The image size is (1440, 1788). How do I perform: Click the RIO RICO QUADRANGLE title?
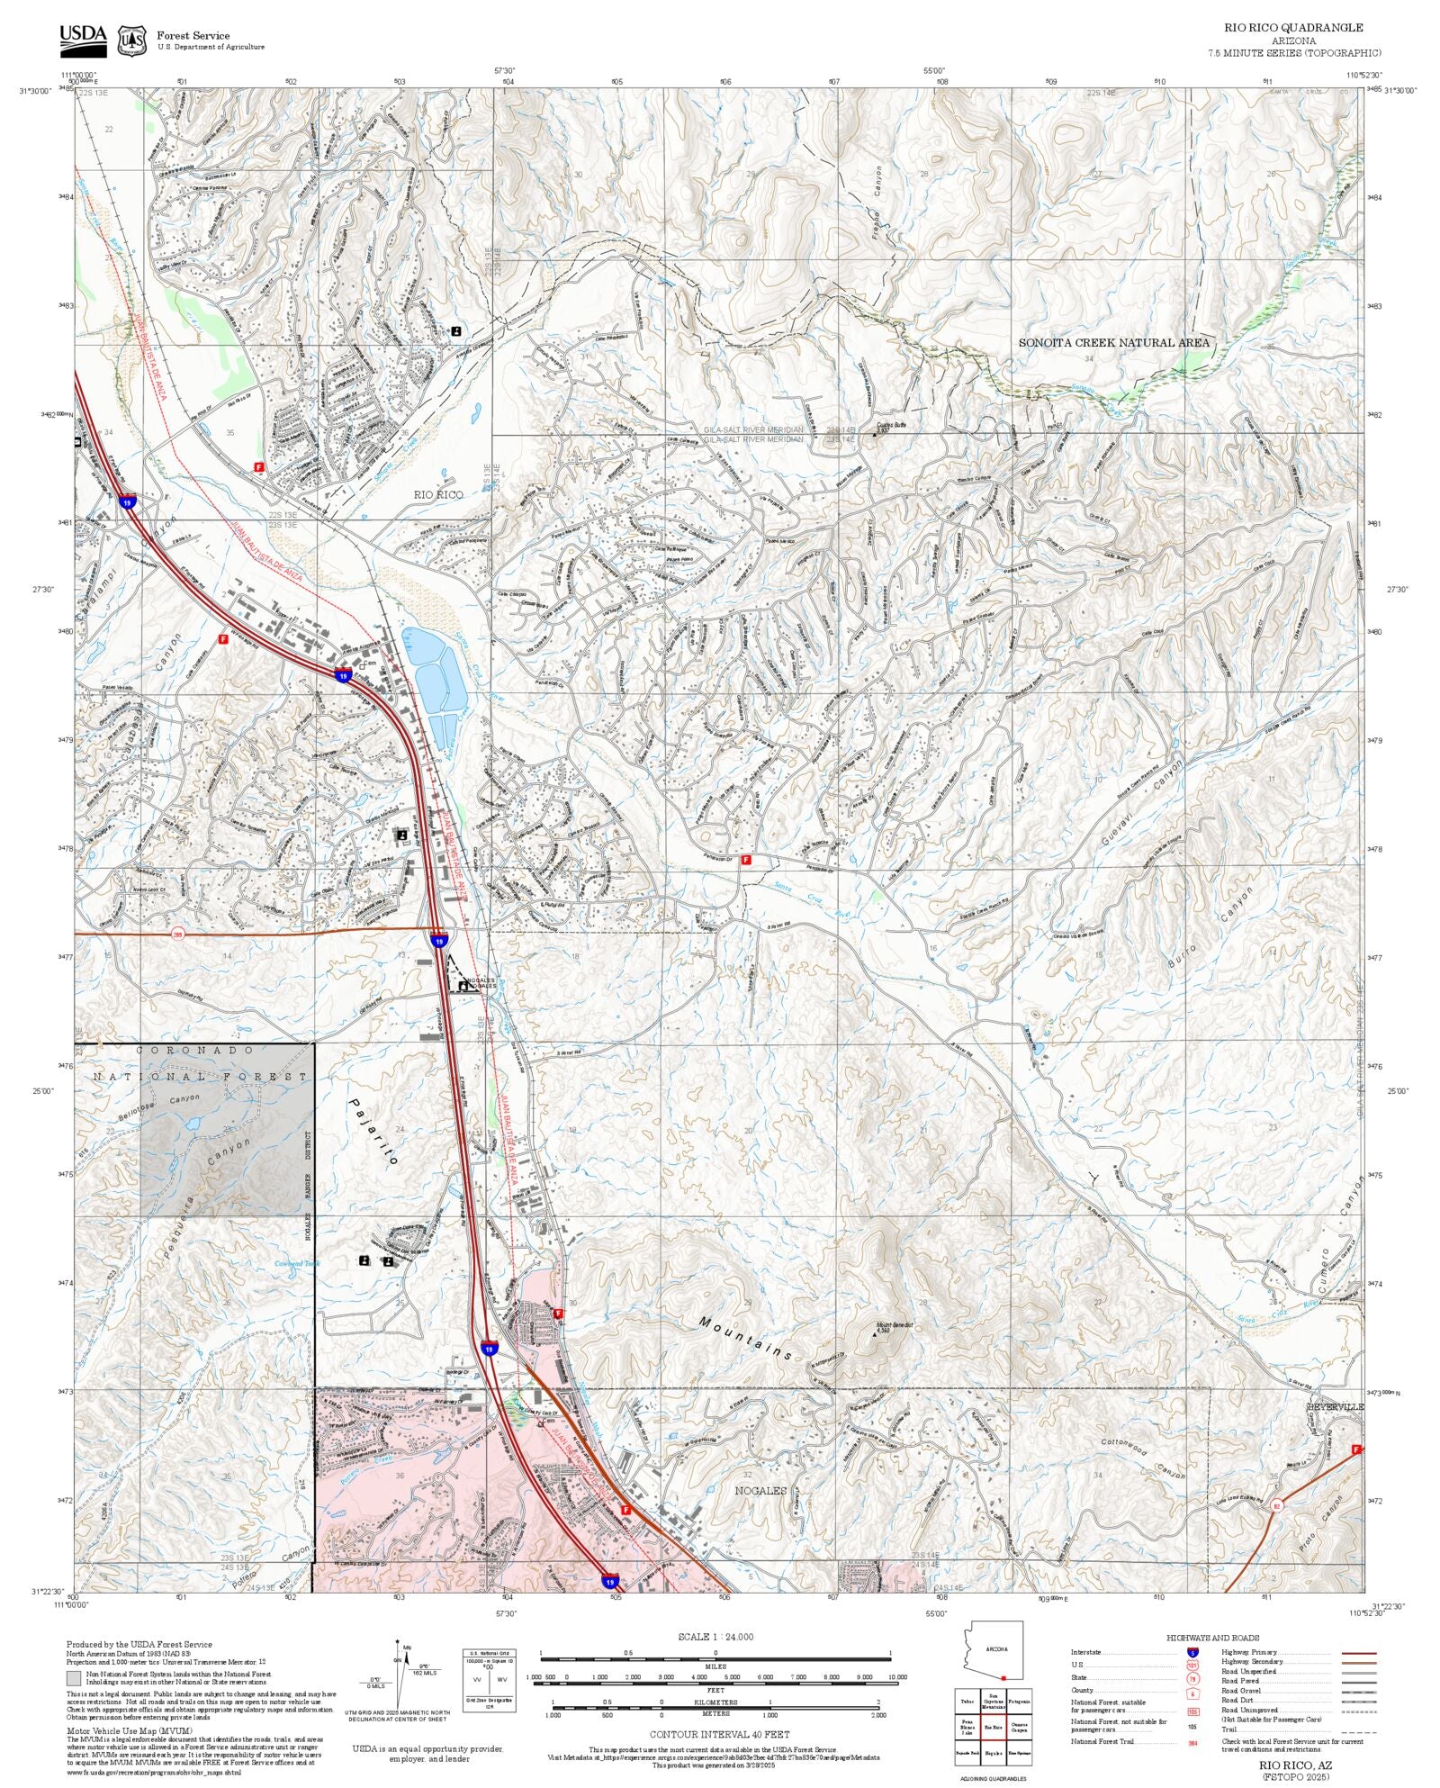(1293, 28)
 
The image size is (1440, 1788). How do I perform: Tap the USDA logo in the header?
(83, 40)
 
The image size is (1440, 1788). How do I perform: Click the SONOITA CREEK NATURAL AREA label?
(1113, 342)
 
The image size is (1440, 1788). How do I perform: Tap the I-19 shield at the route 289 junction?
(438, 941)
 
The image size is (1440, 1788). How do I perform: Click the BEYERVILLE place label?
(1335, 1406)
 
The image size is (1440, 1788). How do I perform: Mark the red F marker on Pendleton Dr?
(746, 861)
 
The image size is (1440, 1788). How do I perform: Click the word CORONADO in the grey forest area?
(195, 1051)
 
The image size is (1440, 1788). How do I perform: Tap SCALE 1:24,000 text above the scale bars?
(715, 1637)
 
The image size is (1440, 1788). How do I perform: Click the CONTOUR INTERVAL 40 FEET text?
(719, 1733)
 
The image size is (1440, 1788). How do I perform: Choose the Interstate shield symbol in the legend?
(1193, 1653)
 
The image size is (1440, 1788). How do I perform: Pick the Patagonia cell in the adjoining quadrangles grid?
(1018, 1702)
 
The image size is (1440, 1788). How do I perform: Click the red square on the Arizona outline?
(1003, 1677)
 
